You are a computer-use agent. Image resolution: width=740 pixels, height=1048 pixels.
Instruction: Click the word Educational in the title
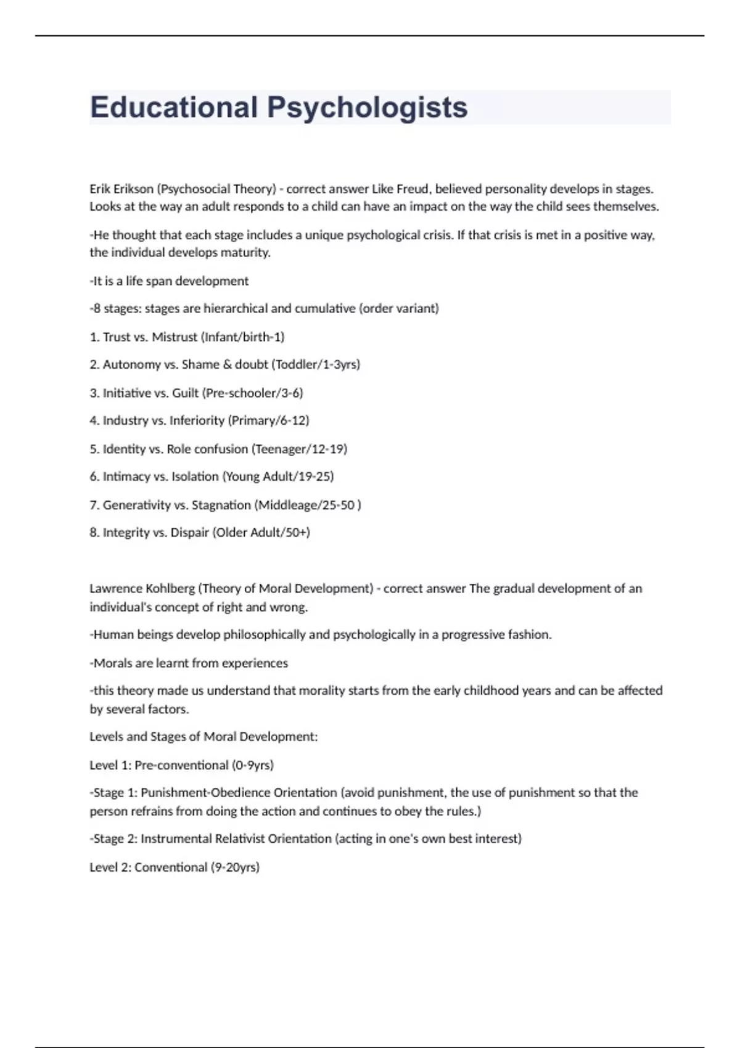point(173,107)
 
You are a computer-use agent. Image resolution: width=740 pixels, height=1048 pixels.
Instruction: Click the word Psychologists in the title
point(367,107)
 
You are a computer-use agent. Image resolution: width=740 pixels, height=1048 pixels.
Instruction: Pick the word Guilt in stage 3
point(186,393)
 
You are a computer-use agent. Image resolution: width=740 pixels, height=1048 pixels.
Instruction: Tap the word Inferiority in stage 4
point(197,420)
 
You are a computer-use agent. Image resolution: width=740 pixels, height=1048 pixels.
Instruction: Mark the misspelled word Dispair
point(189,533)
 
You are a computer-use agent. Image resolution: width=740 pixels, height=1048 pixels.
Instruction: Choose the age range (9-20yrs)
point(235,867)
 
